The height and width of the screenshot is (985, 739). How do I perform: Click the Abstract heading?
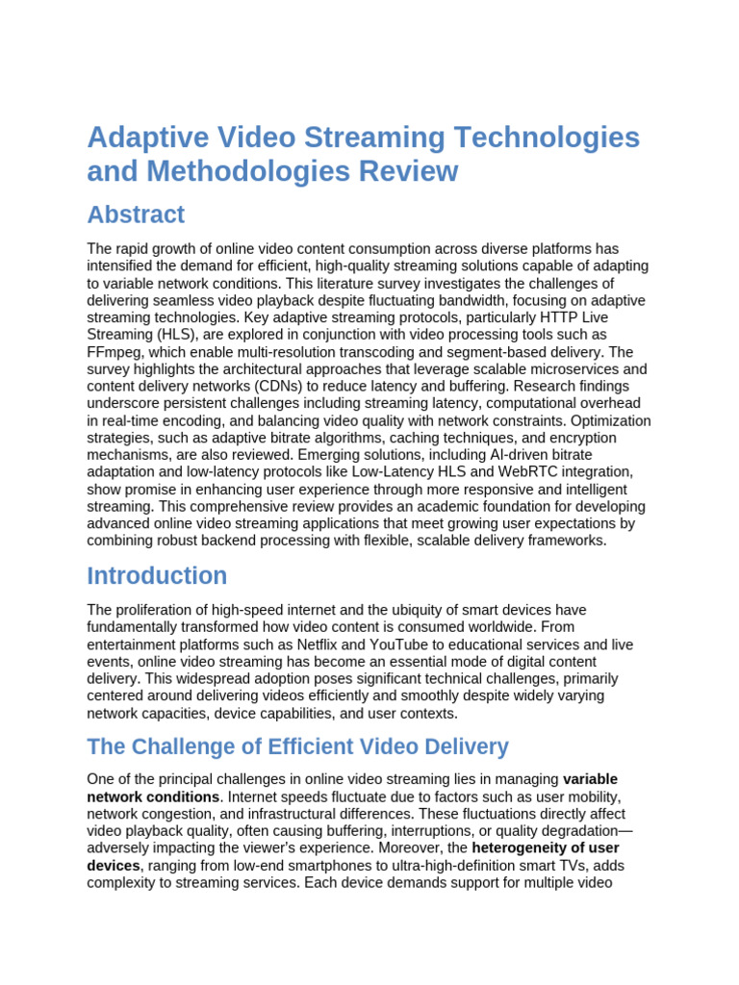pyautogui.click(x=136, y=215)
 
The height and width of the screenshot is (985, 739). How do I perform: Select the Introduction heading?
pyautogui.click(x=157, y=576)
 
